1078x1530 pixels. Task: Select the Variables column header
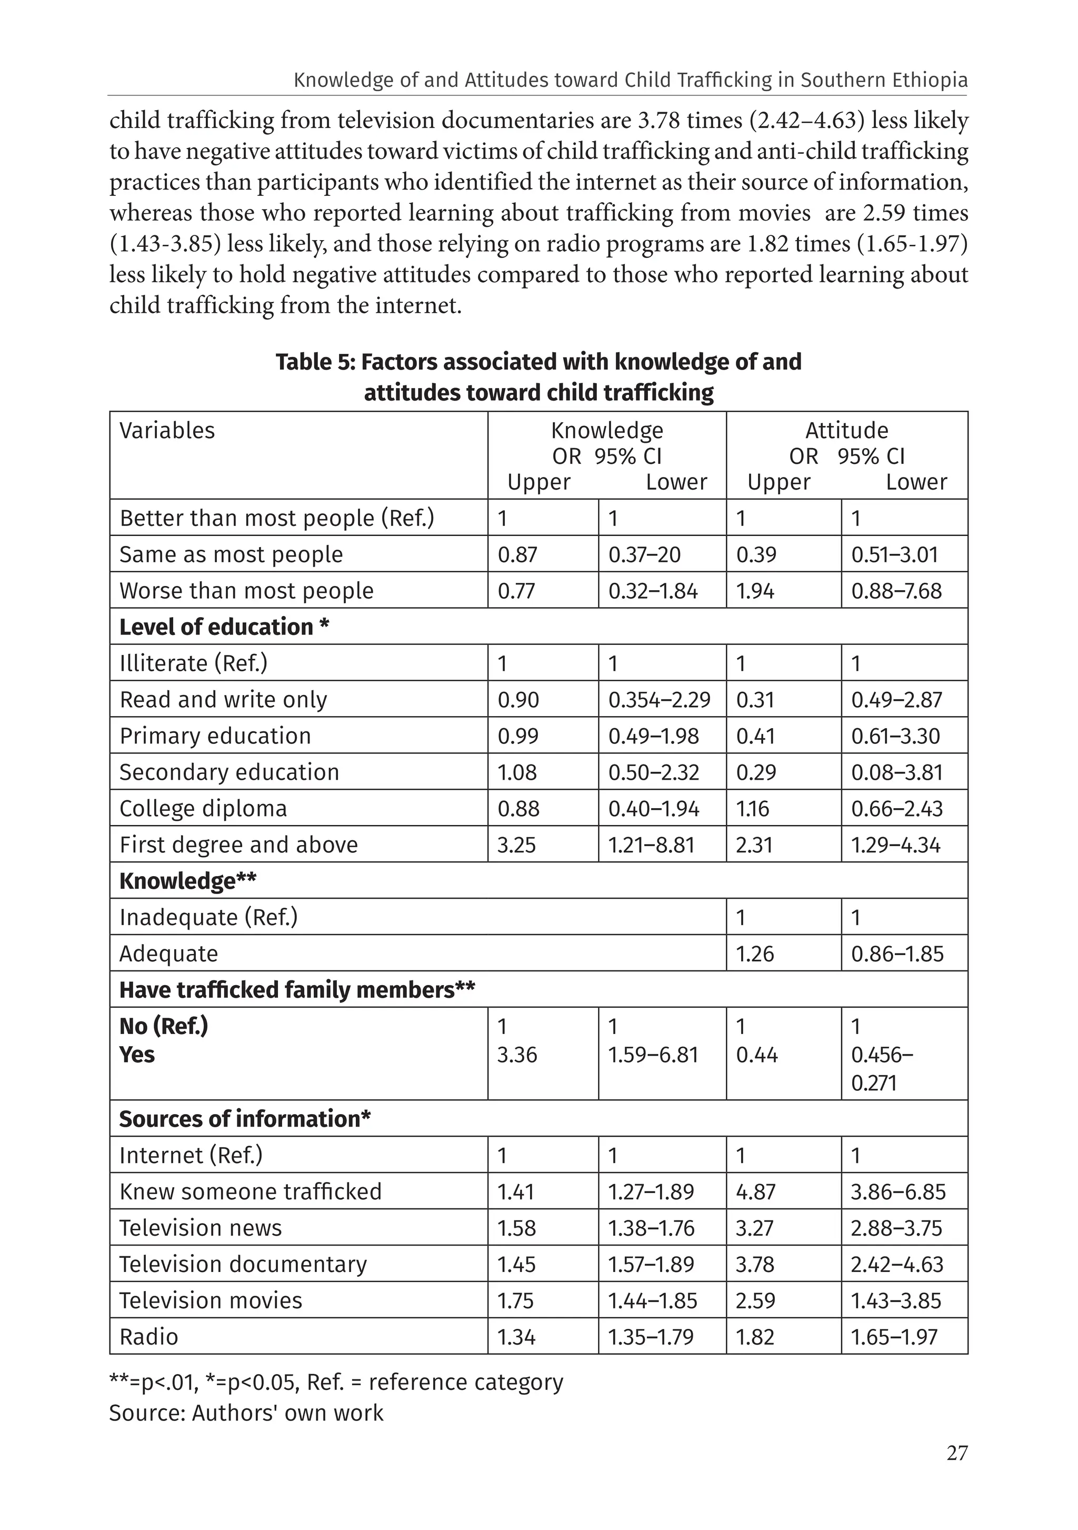click(x=167, y=431)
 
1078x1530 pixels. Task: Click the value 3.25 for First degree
click(x=516, y=845)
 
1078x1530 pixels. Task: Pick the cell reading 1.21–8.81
click(x=651, y=845)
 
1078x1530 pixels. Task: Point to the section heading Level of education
click(x=224, y=627)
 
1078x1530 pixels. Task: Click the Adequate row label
click(x=168, y=953)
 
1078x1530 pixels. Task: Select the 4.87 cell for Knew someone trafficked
click(x=755, y=1191)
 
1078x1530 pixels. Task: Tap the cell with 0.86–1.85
click(x=897, y=953)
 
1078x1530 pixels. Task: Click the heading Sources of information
click(x=245, y=1118)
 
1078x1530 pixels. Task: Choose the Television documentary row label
click(x=243, y=1264)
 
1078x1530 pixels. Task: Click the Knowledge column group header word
click(x=606, y=431)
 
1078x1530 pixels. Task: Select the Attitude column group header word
click(x=846, y=431)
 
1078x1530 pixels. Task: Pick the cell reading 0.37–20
click(x=644, y=554)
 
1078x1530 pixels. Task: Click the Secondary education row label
click(x=229, y=772)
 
